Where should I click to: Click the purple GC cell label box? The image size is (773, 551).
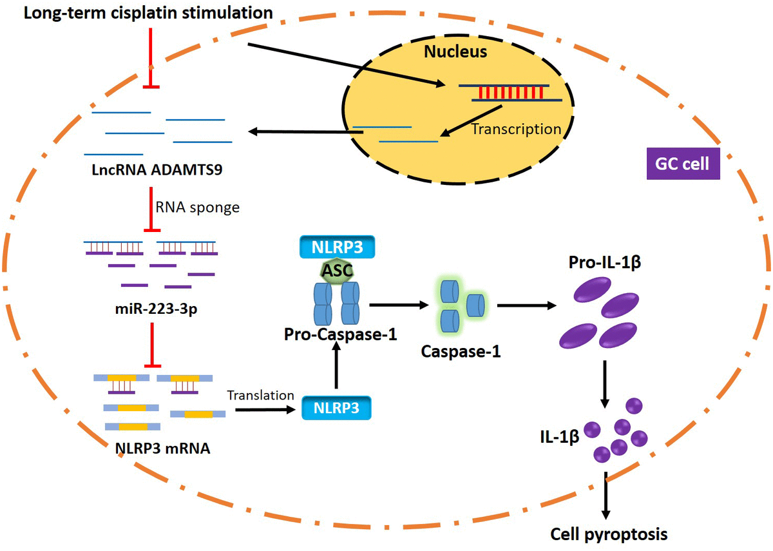click(x=682, y=164)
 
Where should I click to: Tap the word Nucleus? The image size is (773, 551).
click(x=455, y=51)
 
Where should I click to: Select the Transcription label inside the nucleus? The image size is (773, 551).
click(x=517, y=129)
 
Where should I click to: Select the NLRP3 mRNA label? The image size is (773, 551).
click(x=161, y=449)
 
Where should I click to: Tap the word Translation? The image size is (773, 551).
click(x=260, y=395)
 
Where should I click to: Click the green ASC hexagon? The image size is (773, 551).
click(x=336, y=271)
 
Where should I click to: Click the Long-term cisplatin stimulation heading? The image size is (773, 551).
click(x=148, y=13)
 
